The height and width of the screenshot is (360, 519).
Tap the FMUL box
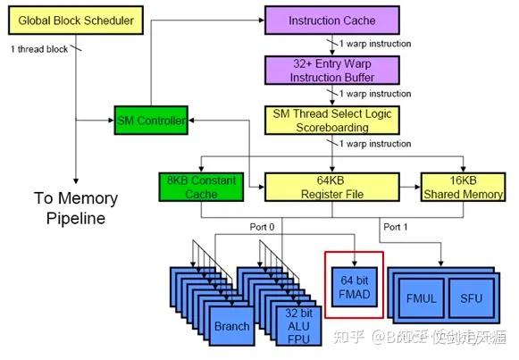420,298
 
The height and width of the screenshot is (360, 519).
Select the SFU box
471,298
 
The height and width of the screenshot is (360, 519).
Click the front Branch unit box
231,326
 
